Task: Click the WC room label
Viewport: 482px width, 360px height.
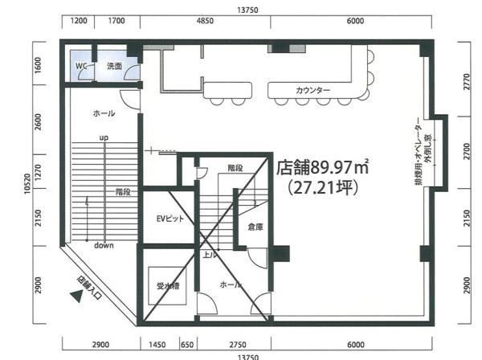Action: click(x=81, y=66)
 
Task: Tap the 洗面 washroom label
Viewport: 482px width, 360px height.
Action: click(x=114, y=66)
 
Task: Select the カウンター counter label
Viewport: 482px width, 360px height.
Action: click(x=313, y=90)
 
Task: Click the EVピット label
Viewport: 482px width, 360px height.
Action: click(x=170, y=219)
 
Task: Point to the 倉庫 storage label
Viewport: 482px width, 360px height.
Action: click(x=255, y=227)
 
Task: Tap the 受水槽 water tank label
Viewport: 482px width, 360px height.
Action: click(x=168, y=286)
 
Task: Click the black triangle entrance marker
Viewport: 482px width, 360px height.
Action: click(x=76, y=297)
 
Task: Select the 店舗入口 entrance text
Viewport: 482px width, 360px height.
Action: click(x=89, y=288)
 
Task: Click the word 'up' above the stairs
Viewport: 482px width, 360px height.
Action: click(x=104, y=137)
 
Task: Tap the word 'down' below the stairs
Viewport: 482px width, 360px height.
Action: click(x=104, y=245)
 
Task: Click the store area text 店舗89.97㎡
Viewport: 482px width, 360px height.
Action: click(x=323, y=168)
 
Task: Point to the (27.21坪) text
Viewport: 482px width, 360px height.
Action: click(x=323, y=187)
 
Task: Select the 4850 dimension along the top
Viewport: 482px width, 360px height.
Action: click(x=205, y=21)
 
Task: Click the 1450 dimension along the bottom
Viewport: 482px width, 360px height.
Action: click(x=157, y=345)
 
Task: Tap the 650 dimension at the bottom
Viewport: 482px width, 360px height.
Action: click(x=187, y=345)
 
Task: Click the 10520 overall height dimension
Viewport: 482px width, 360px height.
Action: click(x=27, y=183)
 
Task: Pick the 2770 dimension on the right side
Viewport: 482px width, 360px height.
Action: click(x=467, y=81)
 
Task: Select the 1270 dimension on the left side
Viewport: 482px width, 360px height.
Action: click(x=38, y=172)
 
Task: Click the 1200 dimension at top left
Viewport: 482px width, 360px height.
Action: click(x=79, y=21)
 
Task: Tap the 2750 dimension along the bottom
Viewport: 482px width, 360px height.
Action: click(x=238, y=345)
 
